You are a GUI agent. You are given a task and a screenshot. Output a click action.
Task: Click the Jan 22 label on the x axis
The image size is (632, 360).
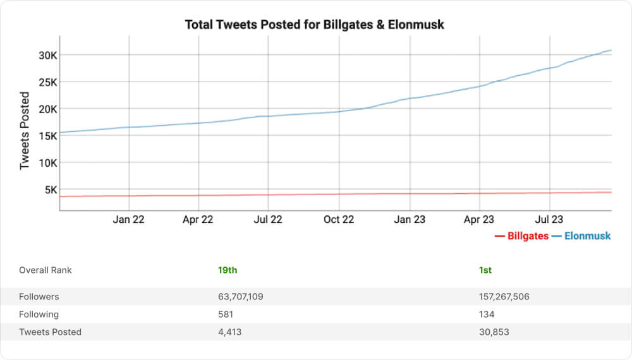130,220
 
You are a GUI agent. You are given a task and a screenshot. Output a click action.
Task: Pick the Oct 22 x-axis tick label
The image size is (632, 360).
339,220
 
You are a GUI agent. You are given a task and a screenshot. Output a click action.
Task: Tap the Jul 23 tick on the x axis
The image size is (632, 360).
549,220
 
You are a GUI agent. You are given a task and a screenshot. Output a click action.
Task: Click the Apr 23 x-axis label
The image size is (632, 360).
479,220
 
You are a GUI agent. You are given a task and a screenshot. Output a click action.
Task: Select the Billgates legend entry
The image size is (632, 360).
521,236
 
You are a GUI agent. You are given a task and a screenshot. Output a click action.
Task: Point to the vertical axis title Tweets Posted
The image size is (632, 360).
25,131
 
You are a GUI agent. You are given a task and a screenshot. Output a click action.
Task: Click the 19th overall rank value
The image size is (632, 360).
228,270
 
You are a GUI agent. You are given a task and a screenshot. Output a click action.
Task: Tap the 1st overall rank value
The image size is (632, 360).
485,270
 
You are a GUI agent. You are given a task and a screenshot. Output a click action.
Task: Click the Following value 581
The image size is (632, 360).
226,314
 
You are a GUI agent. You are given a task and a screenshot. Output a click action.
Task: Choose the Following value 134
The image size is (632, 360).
487,314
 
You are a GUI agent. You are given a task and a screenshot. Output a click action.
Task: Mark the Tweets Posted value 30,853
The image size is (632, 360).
494,332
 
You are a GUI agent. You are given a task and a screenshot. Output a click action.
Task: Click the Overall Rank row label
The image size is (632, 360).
46,270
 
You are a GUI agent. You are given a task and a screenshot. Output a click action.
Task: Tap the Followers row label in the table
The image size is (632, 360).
39,296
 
